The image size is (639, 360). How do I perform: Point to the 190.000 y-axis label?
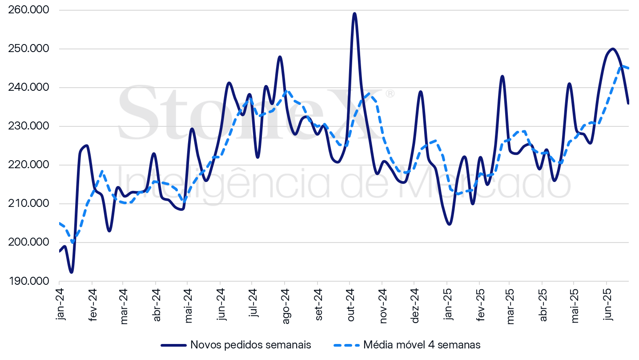(28, 282)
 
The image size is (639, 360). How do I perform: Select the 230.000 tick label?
(28, 126)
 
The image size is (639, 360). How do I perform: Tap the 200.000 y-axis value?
(28, 243)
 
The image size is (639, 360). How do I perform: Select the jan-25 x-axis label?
(448, 303)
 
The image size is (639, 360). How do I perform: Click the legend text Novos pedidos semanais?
(250, 345)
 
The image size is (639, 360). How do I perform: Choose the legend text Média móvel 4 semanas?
(422, 345)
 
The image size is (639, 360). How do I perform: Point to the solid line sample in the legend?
(173, 345)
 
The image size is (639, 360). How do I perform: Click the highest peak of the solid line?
(354, 13)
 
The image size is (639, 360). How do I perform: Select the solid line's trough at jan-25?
(449, 224)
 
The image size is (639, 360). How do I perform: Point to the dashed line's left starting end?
(60, 223)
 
